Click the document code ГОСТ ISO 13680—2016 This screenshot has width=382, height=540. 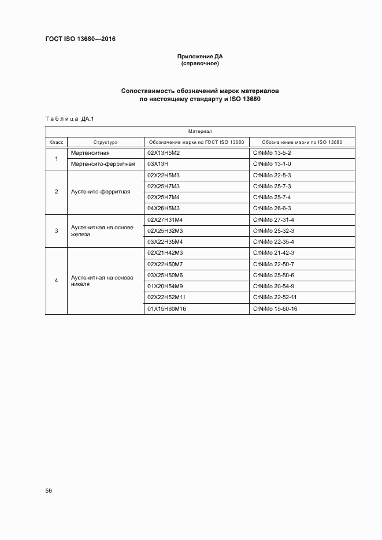(81, 40)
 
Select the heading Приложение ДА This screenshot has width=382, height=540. (199, 57)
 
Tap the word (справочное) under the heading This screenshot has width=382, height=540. (199, 64)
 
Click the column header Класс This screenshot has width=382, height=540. (56, 142)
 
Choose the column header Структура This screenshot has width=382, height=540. (105, 142)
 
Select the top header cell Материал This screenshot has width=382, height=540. (200, 132)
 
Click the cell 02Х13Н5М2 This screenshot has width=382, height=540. (164, 153)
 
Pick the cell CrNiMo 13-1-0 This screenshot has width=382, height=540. (272, 164)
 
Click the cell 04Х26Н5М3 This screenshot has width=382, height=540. (164, 208)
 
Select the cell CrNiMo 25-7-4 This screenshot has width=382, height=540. (272, 197)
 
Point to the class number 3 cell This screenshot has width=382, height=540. (56, 230)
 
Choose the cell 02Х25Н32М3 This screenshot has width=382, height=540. (165, 230)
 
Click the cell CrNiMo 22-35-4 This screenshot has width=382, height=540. (274, 241)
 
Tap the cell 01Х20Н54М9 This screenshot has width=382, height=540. (165, 286)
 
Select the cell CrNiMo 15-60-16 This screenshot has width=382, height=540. (275, 308)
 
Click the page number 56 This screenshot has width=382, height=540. (49, 490)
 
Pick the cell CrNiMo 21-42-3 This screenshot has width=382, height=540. (274, 253)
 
